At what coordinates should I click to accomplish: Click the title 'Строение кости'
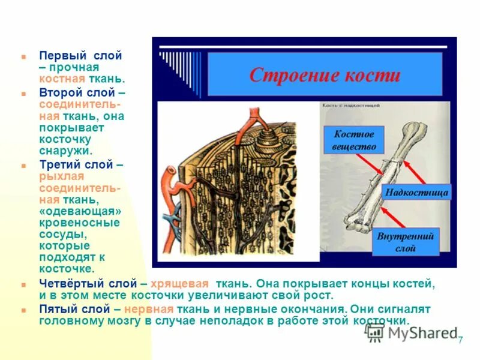pos(325,75)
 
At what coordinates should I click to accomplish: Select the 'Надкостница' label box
pos(416,193)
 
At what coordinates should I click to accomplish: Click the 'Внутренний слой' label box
pos(406,242)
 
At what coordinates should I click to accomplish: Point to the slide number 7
pos(460,341)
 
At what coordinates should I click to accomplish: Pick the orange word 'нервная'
pos(150,309)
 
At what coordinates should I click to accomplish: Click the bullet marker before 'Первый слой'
pos(23,56)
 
